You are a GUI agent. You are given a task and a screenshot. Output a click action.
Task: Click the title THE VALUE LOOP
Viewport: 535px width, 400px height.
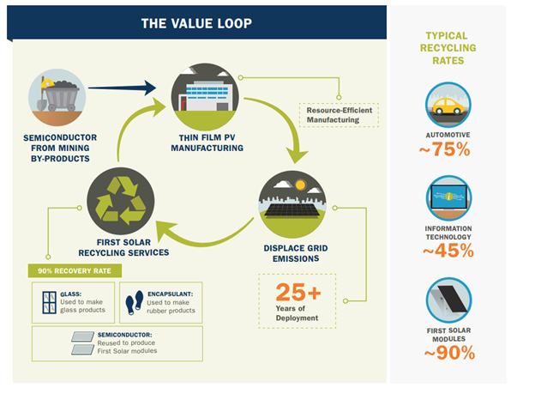pos(196,23)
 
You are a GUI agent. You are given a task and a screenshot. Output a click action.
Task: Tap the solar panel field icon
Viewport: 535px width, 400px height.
pos(287,203)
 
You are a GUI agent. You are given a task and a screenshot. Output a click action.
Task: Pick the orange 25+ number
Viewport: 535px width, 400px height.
pos(298,294)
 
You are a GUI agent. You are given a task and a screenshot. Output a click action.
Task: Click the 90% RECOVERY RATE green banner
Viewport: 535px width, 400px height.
pos(75,270)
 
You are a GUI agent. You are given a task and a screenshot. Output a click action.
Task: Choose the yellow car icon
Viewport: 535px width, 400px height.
pos(449,106)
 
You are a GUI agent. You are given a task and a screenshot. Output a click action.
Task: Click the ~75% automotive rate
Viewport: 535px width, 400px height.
pos(449,149)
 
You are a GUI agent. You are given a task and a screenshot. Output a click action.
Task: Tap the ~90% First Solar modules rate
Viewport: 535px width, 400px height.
pos(449,352)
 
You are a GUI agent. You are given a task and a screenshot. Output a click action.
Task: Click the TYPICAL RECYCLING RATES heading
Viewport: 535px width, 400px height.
pos(449,49)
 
